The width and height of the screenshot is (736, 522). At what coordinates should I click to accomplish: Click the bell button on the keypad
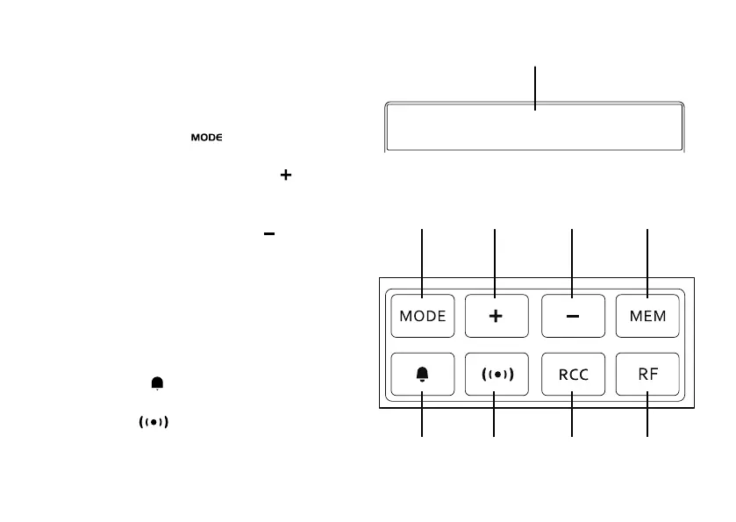tap(423, 374)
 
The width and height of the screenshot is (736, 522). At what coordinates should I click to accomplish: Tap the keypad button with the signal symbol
tap(496, 374)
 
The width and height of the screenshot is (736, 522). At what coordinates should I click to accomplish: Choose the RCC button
tap(572, 374)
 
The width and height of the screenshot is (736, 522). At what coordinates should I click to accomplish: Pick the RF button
tap(648, 374)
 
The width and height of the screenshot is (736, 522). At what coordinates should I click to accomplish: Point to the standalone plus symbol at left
tap(285, 176)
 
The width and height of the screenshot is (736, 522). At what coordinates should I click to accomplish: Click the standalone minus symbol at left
tap(269, 234)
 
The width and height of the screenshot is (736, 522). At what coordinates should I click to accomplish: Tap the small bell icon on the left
tap(157, 383)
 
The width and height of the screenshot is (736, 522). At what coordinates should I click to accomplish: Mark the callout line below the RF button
tap(648, 421)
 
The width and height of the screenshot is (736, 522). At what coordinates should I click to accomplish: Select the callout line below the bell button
tap(423, 421)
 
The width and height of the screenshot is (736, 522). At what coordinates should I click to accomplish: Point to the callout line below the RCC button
tap(572, 421)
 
